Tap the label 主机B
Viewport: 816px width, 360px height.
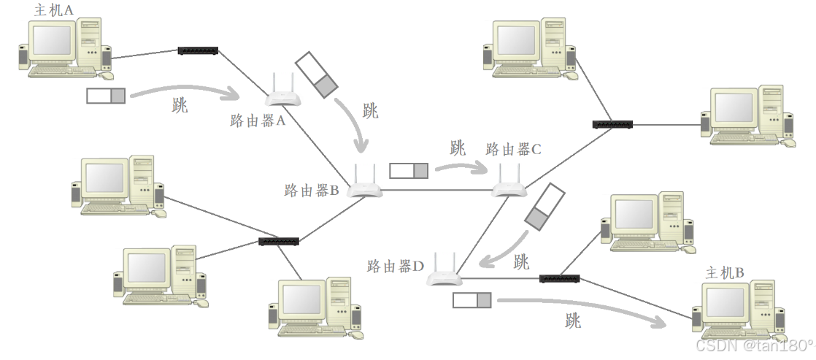[x=725, y=273]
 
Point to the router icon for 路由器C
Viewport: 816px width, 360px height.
[x=509, y=186]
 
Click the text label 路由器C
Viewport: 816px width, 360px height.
[x=513, y=150]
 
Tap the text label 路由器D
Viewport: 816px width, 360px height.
[x=395, y=267]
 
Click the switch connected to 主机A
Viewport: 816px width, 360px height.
[x=198, y=50]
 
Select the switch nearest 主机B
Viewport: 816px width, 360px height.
[x=559, y=278]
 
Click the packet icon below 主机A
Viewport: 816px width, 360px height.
[x=106, y=94]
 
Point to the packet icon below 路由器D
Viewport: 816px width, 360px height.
[x=472, y=299]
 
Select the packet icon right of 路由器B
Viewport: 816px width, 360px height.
[x=409, y=171]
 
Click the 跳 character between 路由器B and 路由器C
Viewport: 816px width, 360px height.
[x=458, y=148]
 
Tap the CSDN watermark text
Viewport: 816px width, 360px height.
[x=754, y=345]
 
